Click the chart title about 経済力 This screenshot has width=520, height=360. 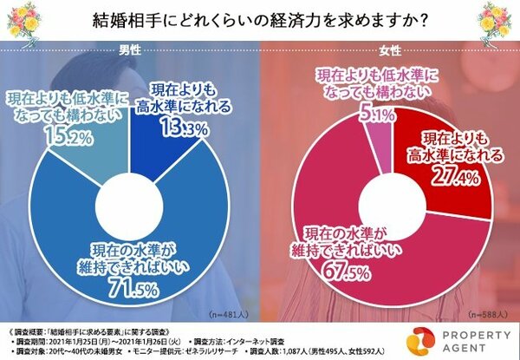[x=260, y=20]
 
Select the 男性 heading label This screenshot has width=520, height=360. [x=130, y=49]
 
